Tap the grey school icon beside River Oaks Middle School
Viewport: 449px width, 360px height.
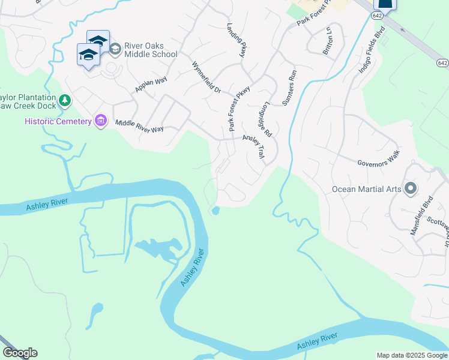click(x=114, y=47)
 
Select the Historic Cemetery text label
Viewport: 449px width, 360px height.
click(x=58, y=122)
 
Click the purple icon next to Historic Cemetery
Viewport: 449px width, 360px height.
click(x=101, y=122)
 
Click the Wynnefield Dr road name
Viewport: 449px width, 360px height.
click(x=206, y=77)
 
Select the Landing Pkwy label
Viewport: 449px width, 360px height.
click(x=237, y=41)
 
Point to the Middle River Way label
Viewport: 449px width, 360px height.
click(x=139, y=125)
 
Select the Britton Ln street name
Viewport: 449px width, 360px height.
click(x=328, y=41)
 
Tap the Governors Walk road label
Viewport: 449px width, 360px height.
click(x=378, y=157)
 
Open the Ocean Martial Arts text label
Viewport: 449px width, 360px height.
click(x=366, y=189)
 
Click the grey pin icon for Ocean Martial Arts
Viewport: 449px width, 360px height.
click(x=411, y=188)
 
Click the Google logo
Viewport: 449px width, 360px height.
click(x=20, y=353)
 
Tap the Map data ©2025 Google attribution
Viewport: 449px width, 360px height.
click(x=411, y=355)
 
